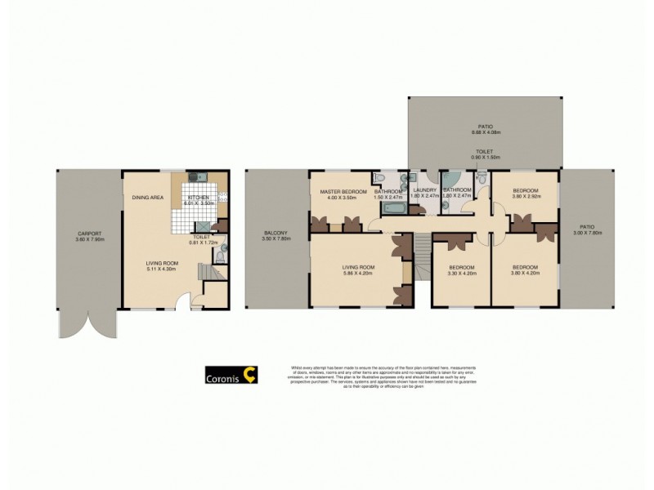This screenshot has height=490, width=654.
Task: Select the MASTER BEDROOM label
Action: pos(342,191)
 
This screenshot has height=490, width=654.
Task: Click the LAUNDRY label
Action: pos(425,191)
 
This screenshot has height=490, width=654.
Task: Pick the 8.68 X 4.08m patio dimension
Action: pos(485,132)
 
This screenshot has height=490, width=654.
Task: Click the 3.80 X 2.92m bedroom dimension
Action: pos(526,197)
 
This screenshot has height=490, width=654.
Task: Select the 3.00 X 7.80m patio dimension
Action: pos(584,233)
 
